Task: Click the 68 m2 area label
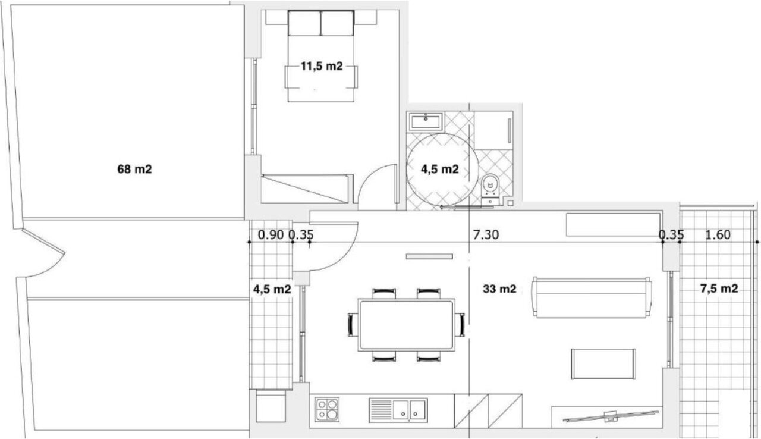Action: pyautogui.click(x=134, y=169)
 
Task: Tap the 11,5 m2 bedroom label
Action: pyautogui.click(x=322, y=66)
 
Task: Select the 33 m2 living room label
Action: pyautogui.click(x=499, y=289)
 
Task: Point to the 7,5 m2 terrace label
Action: pyautogui.click(x=719, y=289)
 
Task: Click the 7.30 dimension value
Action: pyautogui.click(x=486, y=235)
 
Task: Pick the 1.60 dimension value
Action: pyautogui.click(x=718, y=235)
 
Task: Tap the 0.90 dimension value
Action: pyautogui.click(x=271, y=235)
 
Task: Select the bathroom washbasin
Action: pyautogui.click(x=426, y=121)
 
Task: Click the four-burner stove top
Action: pyautogui.click(x=327, y=409)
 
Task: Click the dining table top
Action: pyautogui.click(x=406, y=325)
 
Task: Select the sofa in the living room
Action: pyautogui.click(x=592, y=297)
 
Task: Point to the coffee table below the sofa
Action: pyautogui.click(x=603, y=363)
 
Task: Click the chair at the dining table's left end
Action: pyautogui.click(x=353, y=325)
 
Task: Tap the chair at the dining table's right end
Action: pyautogui.click(x=460, y=325)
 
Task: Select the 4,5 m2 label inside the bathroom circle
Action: pyautogui.click(x=440, y=169)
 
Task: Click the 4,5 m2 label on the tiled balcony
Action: pyautogui.click(x=272, y=289)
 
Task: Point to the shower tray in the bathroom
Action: pyautogui.click(x=493, y=130)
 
